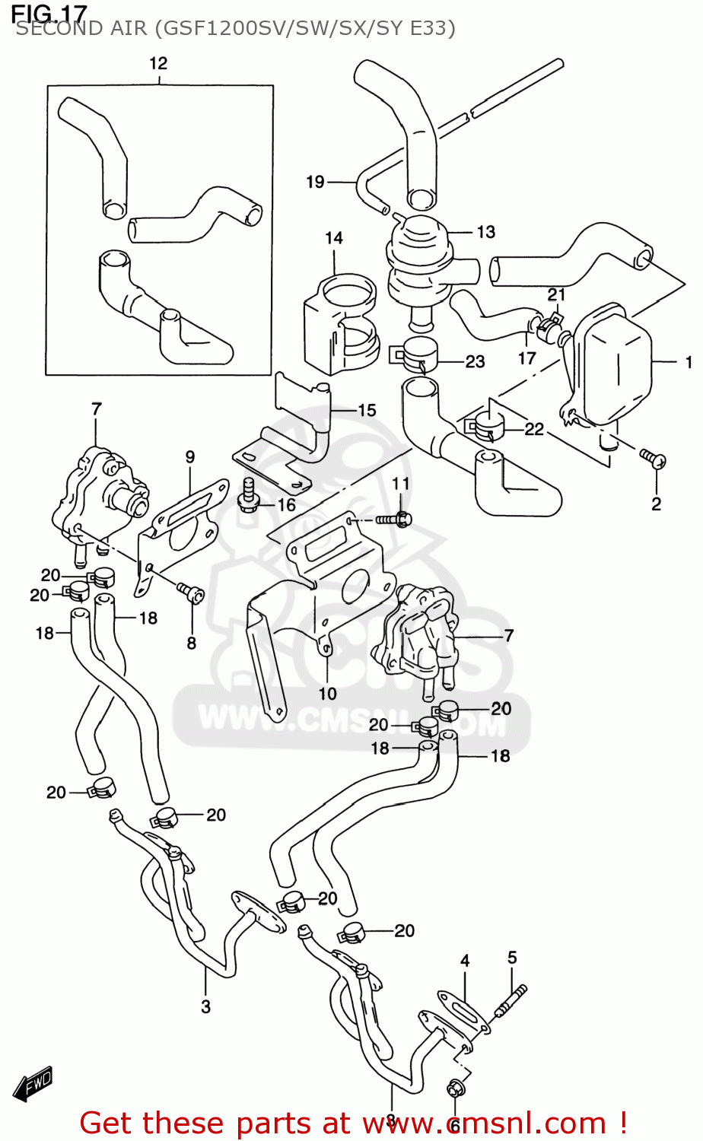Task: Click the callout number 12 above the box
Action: click(158, 63)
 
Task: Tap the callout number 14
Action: click(334, 238)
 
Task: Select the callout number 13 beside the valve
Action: click(485, 231)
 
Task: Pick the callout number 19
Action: click(315, 181)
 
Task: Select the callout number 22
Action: click(534, 429)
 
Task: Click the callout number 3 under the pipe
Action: click(205, 1006)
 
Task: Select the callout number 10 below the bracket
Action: click(327, 693)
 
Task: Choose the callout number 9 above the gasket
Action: click(190, 456)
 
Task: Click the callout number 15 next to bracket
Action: click(367, 410)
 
